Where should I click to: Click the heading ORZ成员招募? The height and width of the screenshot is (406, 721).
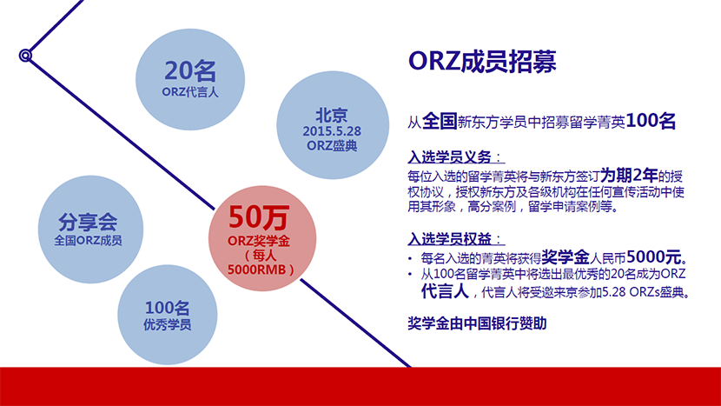[x=482, y=61]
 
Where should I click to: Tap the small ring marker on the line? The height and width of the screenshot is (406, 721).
[x=25, y=56]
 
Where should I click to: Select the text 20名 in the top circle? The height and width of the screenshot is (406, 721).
[x=190, y=71]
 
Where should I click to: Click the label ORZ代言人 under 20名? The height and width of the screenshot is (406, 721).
[x=190, y=92]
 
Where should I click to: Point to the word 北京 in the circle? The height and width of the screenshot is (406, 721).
[x=332, y=115]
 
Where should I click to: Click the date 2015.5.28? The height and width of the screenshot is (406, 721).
[x=332, y=131]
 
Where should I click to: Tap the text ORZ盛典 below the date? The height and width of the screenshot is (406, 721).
[x=332, y=145]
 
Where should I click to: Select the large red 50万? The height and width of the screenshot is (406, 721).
[x=259, y=217]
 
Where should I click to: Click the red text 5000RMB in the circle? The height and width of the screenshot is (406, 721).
[x=256, y=270]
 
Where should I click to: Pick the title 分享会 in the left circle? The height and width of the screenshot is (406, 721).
[x=88, y=223]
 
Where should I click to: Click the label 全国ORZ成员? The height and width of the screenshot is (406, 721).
[x=88, y=240]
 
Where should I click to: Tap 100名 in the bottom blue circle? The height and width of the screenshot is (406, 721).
[x=168, y=308]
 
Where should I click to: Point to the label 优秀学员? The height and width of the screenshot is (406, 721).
[x=168, y=324]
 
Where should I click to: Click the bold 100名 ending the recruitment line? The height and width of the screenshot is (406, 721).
[x=651, y=121]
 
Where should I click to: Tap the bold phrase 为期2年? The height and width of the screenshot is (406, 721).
[x=629, y=176]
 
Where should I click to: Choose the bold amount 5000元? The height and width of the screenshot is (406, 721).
[x=654, y=256]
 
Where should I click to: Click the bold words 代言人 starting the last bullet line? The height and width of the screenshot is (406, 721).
[x=445, y=291]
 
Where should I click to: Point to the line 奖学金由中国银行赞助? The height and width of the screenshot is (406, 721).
[x=477, y=323]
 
